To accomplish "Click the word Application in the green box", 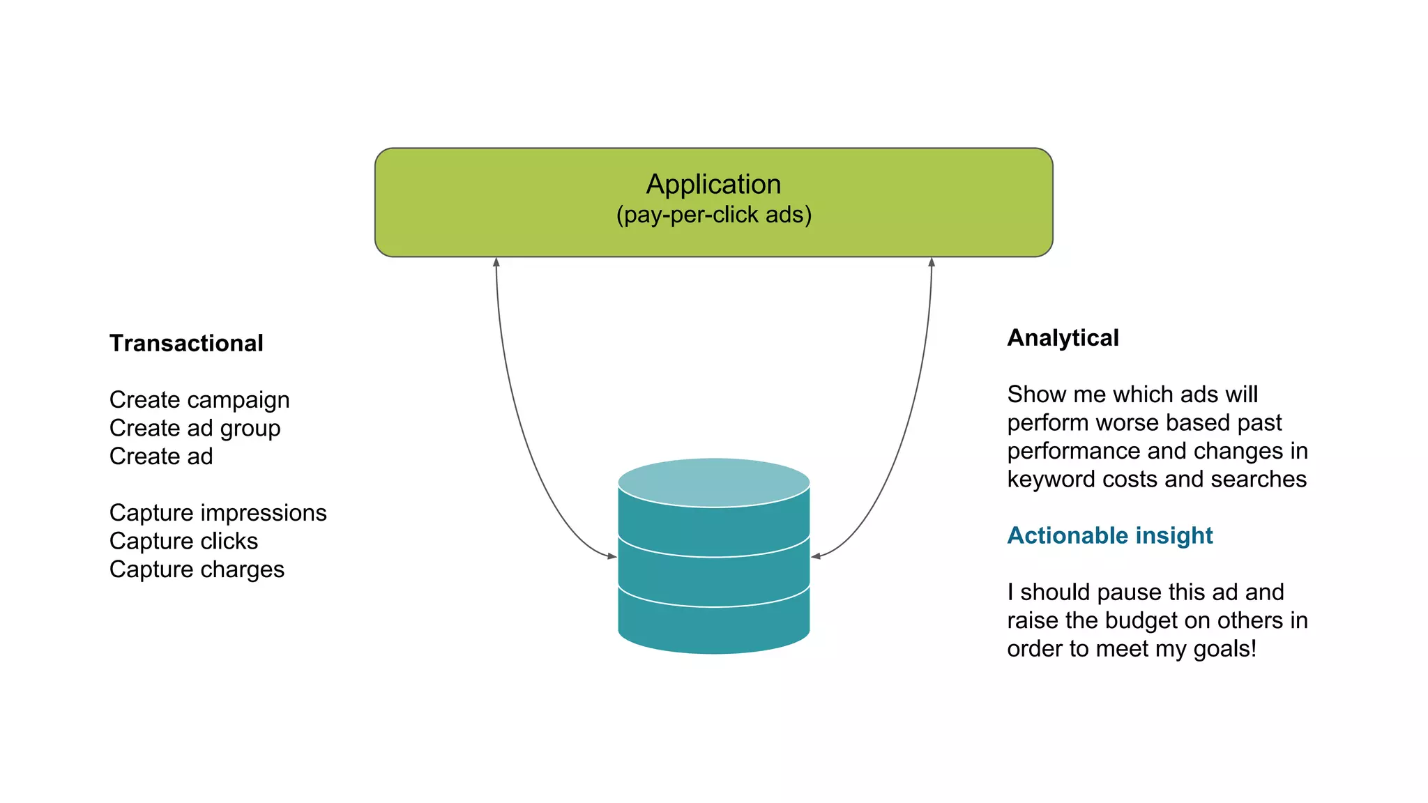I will pos(713,184).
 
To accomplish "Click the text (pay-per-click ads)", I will pos(713,215).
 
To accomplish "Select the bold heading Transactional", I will pos(186,343).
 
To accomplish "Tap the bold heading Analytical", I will pos(1063,337).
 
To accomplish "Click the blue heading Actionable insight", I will pos(1109,535).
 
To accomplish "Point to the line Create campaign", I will pos(199,399).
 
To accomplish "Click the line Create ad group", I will pos(195,428).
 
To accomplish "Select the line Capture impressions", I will pos(218,512).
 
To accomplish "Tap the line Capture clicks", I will pos(183,541).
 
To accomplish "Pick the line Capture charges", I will pos(197,569).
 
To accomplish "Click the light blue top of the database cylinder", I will pos(713,482).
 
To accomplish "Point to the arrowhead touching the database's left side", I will pos(612,556).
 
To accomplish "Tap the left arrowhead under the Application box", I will pos(496,263).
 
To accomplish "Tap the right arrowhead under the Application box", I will pos(932,263).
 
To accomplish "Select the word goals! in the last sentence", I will pos(1225,649).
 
